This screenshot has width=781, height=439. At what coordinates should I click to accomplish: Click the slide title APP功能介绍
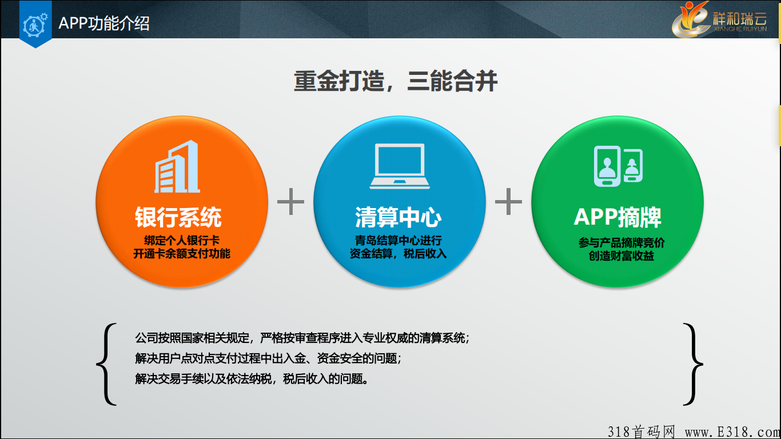point(104,23)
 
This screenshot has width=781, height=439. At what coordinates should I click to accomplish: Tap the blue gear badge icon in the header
point(35,23)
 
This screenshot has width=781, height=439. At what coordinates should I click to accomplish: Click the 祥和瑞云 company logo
point(720,19)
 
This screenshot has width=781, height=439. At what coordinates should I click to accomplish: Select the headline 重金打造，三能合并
point(396,81)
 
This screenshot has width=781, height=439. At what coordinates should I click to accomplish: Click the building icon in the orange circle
point(177,166)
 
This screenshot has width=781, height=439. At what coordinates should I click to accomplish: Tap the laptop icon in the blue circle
point(400,166)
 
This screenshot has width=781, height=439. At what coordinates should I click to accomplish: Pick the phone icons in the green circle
point(618,166)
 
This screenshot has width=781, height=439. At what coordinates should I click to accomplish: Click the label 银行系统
point(178,217)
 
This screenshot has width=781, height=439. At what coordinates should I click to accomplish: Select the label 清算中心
point(398,217)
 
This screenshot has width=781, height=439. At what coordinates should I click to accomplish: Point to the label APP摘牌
point(617,217)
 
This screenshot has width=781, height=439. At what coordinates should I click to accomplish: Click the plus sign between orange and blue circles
point(291,202)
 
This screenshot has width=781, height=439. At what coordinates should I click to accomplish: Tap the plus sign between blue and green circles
point(509,202)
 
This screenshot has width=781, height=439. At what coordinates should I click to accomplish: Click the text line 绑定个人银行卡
point(182,240)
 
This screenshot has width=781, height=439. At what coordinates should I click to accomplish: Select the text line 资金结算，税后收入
point(398,253)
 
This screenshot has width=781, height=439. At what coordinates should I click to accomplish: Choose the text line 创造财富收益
point(621,256)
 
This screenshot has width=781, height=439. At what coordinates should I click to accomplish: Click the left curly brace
point(106,364)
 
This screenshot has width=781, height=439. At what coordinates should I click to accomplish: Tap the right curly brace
point(693,364)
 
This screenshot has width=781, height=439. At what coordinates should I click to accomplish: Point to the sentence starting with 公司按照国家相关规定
point(302,338)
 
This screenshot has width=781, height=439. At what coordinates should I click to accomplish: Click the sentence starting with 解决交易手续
point(252,378)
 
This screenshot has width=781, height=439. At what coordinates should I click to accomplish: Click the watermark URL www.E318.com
point(732,432)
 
